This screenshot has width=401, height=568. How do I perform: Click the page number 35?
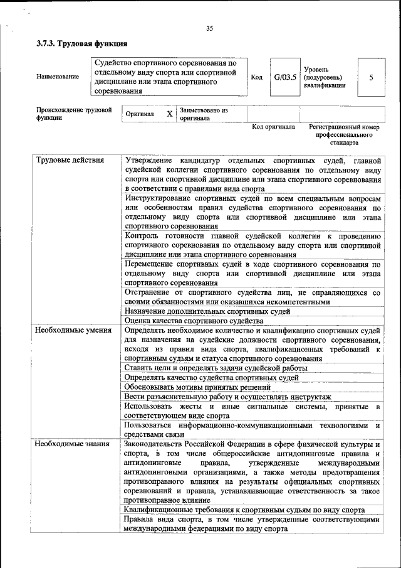[209, 27]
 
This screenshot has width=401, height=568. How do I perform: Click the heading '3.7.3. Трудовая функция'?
[82, 43]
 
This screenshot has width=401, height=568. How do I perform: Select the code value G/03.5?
[284, 77]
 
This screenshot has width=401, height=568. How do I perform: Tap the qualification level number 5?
[371, 77]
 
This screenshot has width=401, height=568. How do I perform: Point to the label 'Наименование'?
[58, 77]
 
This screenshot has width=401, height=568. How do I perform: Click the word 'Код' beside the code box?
[256, 77]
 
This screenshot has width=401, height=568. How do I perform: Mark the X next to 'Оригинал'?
[169, 114]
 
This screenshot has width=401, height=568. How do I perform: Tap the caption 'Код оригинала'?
[273, 127]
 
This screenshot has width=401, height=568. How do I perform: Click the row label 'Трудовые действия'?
[70, 159]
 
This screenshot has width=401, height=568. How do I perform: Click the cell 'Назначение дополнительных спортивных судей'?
[207, 311]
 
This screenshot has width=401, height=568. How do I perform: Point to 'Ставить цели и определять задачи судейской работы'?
[216, 368]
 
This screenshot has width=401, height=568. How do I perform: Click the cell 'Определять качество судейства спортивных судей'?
[211, 377]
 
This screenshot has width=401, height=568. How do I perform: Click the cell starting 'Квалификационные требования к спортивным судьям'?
[244, 510]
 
